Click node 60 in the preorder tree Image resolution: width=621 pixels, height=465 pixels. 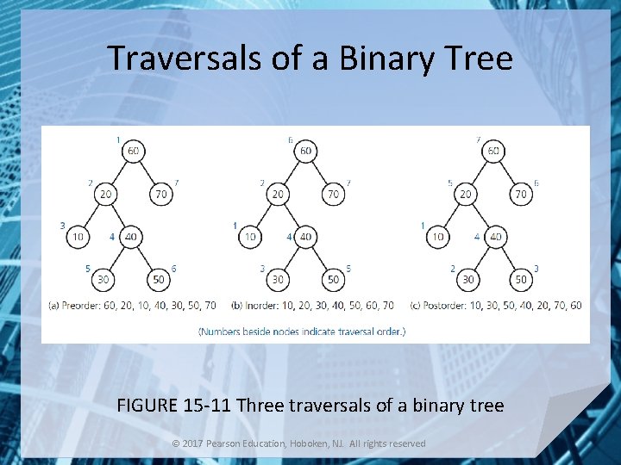(x=133, y=152)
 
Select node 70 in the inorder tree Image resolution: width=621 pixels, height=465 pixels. (x=333, y=195)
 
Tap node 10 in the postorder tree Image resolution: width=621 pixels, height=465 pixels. (x=437, y=237)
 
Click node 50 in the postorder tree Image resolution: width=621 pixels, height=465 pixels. (x=521, y=279)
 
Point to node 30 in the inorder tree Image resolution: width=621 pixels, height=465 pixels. (x=278, y=279)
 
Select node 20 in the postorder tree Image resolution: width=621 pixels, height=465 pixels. (x=466, y=195)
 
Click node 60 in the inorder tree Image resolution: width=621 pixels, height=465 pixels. (x=305, y=152)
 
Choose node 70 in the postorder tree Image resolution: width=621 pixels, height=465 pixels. (x=521, y=195)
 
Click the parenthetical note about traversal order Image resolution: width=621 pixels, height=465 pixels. (x=302, y=331)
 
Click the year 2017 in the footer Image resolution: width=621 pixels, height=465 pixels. (x=193, y=443)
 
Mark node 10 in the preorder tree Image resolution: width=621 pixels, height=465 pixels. (x=78, y=237)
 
